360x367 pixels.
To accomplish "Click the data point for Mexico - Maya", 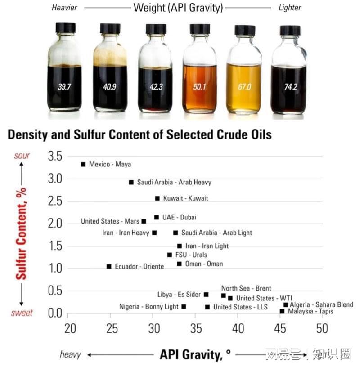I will coord(83,165).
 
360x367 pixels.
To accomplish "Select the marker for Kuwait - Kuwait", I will coord(157,198).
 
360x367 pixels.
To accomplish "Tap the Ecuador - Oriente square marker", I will coord(109,266).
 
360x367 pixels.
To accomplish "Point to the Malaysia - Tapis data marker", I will coord(282,311).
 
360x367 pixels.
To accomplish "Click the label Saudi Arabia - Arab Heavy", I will coord(174,183).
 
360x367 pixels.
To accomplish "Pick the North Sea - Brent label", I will coord(246,288).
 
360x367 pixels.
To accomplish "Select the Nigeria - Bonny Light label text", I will coord(149,307).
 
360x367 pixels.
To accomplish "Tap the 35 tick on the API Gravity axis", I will coord(196,329).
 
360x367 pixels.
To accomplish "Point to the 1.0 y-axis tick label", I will coord(56,269).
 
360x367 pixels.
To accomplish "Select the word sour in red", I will coord(22,156).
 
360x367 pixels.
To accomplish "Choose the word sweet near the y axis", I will coord(22,313).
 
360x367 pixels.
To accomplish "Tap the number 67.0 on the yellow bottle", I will coord(244,87).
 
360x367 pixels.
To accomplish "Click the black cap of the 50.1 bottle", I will coord(200,29).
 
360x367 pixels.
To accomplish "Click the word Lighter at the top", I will coord(290,8).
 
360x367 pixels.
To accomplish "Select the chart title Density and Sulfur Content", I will coord(139,134).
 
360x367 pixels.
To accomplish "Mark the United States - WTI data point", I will coord(230,298).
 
